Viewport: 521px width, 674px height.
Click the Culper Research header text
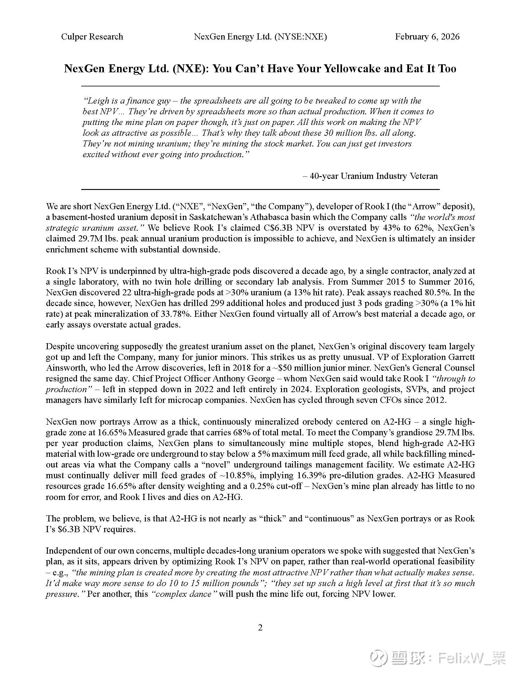point(92,37)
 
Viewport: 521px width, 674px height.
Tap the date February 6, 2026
point(427,37)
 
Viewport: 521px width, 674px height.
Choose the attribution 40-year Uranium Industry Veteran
point(374,176)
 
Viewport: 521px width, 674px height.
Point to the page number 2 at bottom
point(260,628)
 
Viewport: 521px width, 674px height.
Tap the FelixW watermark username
point(471,658)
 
